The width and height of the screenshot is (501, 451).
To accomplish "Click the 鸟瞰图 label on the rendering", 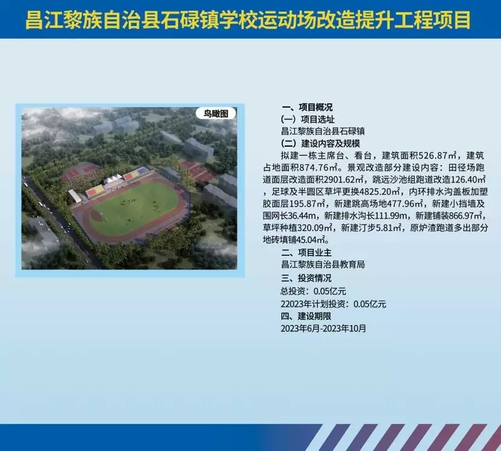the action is tap(216, 114).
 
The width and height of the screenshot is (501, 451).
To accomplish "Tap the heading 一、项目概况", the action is tap(307, 107).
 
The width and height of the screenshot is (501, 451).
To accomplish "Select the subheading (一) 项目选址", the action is tap(308, 119).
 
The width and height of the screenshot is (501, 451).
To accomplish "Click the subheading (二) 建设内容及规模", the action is tap(320, 143).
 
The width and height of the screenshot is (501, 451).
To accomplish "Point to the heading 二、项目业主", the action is tap(306, 253).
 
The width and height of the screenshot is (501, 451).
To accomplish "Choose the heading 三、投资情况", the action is tap(306, 278).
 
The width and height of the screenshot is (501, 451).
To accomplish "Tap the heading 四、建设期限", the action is tap(306, 316).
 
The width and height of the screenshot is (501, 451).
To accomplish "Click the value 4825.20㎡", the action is tap(380, 192).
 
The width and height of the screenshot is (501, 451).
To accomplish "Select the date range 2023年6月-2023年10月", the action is tap(323, 329).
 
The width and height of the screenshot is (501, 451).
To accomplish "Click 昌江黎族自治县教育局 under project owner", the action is tap(323, 265).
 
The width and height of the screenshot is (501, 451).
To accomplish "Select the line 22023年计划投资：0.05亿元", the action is tap(334, 303).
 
